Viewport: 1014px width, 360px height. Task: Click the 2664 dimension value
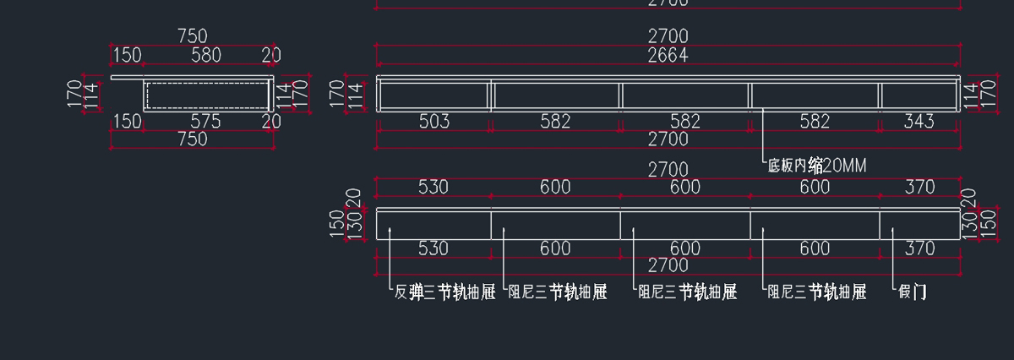pos(668,56)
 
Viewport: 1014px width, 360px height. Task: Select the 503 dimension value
pos(434,122)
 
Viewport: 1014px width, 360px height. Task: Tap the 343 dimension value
pos(919,122)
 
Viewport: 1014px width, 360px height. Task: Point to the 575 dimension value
pos(205,122)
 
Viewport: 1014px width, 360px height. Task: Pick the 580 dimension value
pos(205,56)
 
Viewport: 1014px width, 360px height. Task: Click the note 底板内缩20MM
pos(816,166)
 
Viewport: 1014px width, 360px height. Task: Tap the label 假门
pos(913,292)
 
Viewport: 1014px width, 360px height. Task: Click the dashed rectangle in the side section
pos(205,95)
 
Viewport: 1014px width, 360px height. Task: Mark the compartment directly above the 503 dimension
pos(434,95)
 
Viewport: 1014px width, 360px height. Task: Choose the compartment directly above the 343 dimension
pos(919,95)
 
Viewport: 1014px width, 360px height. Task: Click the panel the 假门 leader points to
pos(919,225)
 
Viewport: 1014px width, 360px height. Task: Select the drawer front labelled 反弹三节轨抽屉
pos(434,225)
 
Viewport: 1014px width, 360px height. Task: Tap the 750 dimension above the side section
pos(193,36)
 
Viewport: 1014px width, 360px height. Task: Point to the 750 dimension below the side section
pos(193,139)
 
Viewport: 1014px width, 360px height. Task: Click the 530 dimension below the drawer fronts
pos(433,248)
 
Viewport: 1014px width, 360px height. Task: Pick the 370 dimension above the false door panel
pos(919,187)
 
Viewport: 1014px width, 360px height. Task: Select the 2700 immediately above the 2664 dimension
pos(668,36)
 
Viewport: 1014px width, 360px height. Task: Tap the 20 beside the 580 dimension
pos(271,56)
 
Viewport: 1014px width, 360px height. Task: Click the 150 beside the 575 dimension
pos(128,122)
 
